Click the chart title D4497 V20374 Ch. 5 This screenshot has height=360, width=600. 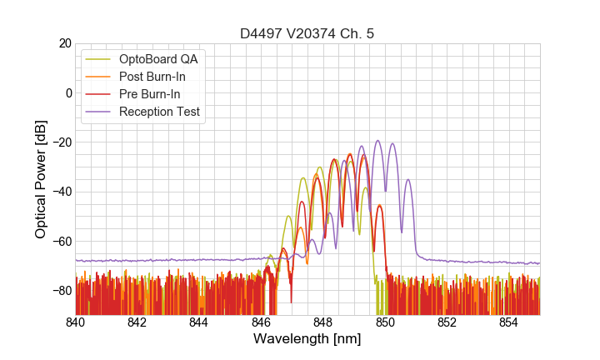(x=307, y=33)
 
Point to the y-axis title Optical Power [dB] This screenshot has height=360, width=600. (x=41, y=179)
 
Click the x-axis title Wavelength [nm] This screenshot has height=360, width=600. (x=307, y=339)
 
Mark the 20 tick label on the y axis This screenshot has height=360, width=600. (x=64, y=43)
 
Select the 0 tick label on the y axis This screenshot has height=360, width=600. (x=68, y=92)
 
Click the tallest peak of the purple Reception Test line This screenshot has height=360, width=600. (x=377, y=141)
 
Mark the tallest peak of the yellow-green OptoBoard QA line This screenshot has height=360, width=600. (x=319, y=167)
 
